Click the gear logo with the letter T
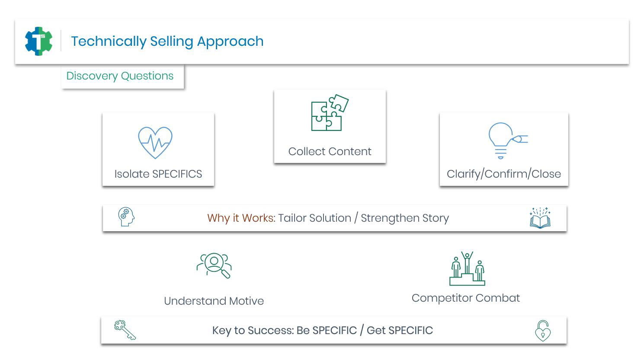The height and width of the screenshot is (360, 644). [39, 41]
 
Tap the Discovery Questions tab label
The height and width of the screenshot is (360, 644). [120, 76]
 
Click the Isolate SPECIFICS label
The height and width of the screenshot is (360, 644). [158, 174]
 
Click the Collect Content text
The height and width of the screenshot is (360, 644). [330, 152]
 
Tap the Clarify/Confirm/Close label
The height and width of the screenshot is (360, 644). [503, 174]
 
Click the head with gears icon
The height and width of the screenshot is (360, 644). [126, 217]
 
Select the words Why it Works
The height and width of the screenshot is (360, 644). [240, 218]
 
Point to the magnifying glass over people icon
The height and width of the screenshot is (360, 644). [214, 265]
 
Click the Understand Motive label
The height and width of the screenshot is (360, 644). [214, 301]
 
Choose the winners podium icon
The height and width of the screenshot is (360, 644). [467, 269]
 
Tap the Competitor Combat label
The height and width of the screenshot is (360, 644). [465, 298]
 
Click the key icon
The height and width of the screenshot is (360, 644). [125, 330]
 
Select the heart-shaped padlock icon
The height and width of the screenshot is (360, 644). [543, 331]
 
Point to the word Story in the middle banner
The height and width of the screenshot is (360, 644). [436, 218]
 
